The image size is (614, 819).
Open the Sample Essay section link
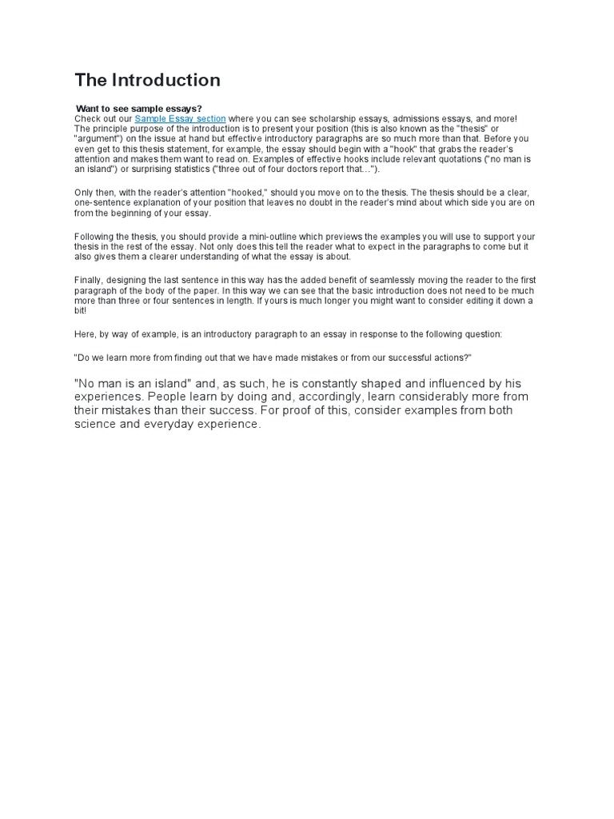pos(180,118)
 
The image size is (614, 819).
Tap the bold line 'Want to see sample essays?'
pos(139,108)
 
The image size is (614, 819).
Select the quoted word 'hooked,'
pos(255,193)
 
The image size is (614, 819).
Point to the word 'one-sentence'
pos(102,203)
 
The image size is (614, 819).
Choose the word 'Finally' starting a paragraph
pos(88,280)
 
